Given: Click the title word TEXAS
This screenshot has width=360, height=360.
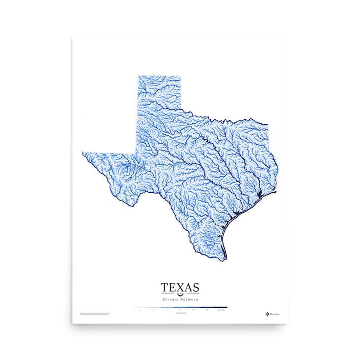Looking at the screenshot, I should point(180,287).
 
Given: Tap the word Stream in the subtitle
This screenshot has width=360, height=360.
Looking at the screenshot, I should point(171,299).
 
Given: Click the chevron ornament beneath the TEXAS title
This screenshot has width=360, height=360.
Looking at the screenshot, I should point(180,295).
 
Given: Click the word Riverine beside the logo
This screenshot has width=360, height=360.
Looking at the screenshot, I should point(275,313).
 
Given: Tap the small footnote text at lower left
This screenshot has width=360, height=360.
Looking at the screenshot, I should point(95,313).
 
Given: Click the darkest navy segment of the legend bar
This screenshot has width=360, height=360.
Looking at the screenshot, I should point(221,307).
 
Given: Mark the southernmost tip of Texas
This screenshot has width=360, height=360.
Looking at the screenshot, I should point(224,261).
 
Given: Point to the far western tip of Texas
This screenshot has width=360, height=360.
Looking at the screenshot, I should point(83,153).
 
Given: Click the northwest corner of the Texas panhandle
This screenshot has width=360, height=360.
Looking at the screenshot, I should point(138,76).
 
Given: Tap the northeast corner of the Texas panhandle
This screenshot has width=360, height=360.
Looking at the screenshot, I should point(181,76).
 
